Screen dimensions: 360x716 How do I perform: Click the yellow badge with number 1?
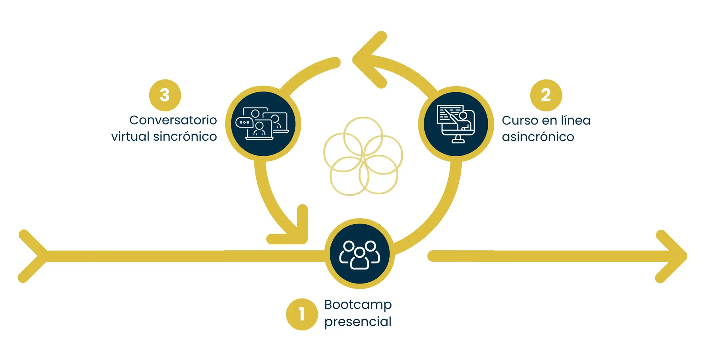pyautogui.click(x=302, y=314)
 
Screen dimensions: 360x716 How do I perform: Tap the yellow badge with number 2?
pyautogui.click(x=546, y=95)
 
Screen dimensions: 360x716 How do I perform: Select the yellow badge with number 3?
pyautogui.click(x=165, y=95)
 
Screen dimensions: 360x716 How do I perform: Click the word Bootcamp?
pyautogui.click(x=358, y=305)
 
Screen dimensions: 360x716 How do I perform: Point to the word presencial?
pyautogui.click(x=358, y=322)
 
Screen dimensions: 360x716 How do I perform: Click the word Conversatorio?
pyautogui.click(x=173, y=120)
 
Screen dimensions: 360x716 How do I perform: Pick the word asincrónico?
pyautogui.click(x=538, y=137)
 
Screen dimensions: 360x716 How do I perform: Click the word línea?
pyautogui.click(x=576, y=120)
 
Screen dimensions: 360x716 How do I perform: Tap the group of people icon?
pyautogui.click(x=359, y=254)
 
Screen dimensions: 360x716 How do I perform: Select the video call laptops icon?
pyautogui.click(x=263, y=124)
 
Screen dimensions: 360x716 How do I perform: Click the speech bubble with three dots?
pyautogui.click(x=244, y=122)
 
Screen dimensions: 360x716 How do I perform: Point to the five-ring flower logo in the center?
pyautogui.click(x=363, y=156)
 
